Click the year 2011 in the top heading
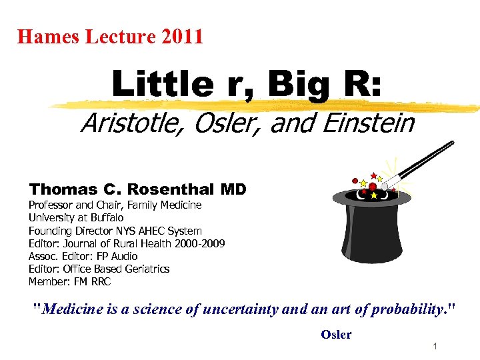(x=181, y=36)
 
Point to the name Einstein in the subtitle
(x=376, y=123)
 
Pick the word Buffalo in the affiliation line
(x=106, y=217)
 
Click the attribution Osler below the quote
(x=336, y=335)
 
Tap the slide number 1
(x=434, y=347)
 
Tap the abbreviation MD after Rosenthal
(x=233, y=189)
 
